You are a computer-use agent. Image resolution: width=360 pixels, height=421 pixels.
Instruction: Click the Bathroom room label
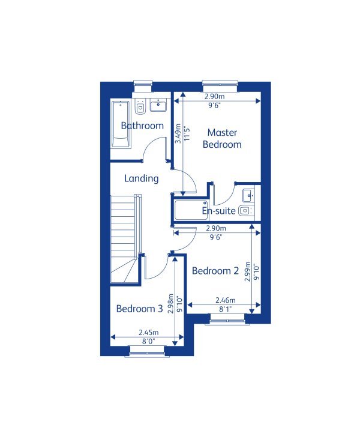(142, 126)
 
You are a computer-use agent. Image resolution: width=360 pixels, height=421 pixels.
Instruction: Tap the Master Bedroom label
(222, 139)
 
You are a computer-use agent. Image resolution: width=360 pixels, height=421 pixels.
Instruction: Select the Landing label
(142, 178)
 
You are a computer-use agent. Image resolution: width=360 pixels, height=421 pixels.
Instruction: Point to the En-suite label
(218, 211)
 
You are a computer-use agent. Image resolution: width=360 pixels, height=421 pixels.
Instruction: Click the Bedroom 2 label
(215, 271)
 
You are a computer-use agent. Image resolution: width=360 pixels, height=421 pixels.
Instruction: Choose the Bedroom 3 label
(139, 309)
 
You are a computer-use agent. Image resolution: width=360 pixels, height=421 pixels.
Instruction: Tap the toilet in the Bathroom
(140, 107)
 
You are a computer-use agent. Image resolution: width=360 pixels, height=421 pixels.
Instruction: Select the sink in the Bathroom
(158, 106)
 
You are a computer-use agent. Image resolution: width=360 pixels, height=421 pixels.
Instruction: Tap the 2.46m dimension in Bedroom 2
(225, 301)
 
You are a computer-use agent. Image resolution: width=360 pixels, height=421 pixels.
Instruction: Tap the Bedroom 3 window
(146, 353)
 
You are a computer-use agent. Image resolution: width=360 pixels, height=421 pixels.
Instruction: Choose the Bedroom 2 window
(227, 321)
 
